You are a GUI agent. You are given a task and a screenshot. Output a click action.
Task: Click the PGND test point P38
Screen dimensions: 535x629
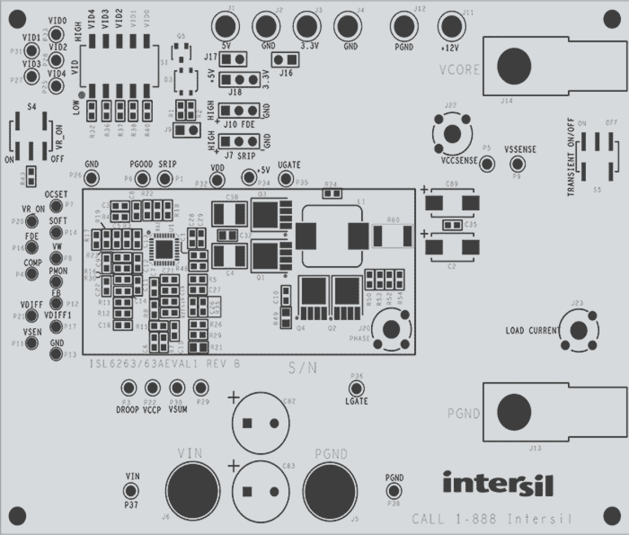tap(394, 491)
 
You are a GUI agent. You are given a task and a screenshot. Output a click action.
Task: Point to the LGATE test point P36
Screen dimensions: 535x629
tap(356, 388)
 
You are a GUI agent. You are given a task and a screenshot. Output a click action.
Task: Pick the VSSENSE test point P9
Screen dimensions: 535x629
tap(517, 164)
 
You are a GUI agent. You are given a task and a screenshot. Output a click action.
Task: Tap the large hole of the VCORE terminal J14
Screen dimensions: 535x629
tap(514, 66)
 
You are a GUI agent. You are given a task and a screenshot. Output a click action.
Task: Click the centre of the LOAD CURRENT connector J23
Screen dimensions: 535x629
tap(578, 330)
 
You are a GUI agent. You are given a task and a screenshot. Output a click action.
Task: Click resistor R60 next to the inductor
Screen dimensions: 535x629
tap(393, 235)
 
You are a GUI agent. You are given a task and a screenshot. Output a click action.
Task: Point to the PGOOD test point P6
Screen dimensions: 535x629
tap(143, 178)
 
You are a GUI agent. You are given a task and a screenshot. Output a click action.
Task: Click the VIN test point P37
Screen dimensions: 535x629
tap(132, 490)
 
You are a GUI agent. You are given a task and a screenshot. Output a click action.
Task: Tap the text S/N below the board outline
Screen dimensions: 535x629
tap(302, 369)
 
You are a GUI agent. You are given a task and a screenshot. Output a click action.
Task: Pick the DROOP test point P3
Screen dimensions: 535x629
tap(129, 387)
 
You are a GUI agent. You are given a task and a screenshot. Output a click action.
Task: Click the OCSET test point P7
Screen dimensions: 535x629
tap(57, 205)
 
